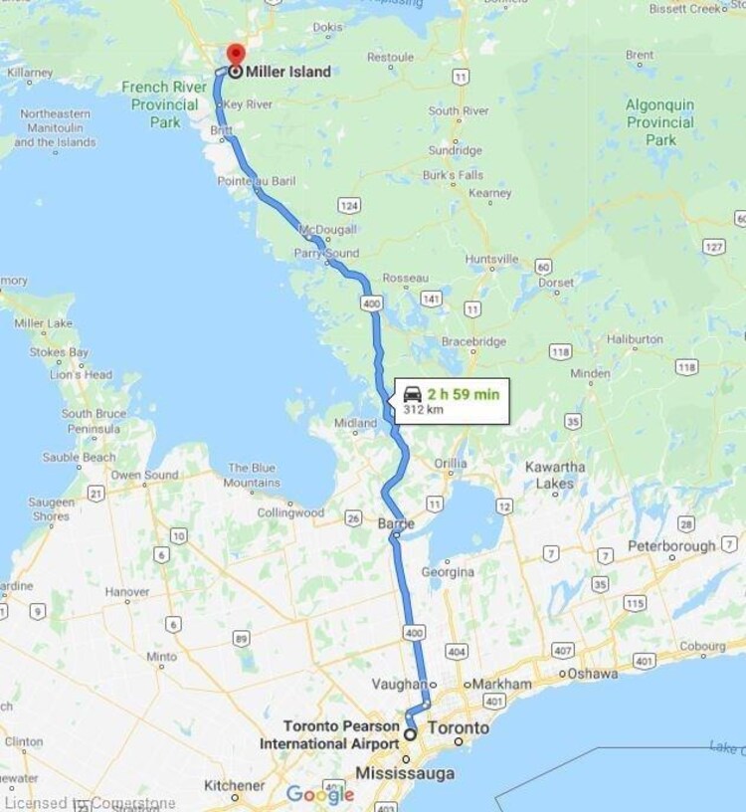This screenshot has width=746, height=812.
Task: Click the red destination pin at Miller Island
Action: [x=234, y=54]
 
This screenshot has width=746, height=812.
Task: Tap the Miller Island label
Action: [x=289, y=72]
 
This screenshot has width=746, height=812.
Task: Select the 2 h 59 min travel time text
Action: [x=463, y=394]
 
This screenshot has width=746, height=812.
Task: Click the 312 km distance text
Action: [x=423, y=410]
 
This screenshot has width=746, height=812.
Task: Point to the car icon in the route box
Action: [x=412, y=394]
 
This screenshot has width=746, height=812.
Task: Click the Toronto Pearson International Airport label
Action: [x=341, y=734]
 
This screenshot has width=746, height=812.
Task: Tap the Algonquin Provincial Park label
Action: [x=659, y=121]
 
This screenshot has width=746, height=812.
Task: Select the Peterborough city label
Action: [x=670, y=546]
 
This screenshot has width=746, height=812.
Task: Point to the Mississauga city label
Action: [x=405, y=773]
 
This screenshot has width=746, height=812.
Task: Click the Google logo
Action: [x=319, y=794]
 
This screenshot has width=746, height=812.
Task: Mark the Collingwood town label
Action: [x=290, y=512]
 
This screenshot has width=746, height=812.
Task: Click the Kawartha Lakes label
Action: [x=554, y=475]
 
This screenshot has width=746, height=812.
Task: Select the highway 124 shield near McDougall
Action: [x=348, y=205]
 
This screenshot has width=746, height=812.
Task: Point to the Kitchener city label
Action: [x=235, y=785]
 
